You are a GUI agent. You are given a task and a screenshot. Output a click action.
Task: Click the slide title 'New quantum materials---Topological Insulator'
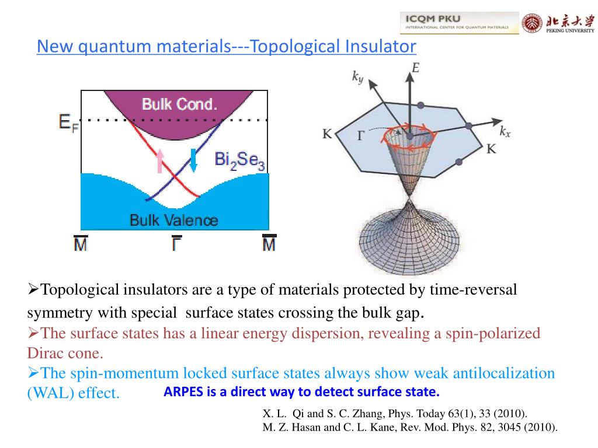click(x=226, y=46)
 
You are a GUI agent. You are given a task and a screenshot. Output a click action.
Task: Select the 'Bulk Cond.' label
click(x=179, y=105)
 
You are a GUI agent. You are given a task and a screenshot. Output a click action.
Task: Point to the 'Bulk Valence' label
click(x=173, y=220)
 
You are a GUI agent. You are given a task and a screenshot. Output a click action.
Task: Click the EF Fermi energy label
click(x=68, y=123)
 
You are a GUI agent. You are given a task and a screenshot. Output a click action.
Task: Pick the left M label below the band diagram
click(x=81, y=243)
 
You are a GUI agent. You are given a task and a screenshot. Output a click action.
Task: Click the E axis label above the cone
click(x=415, y=69)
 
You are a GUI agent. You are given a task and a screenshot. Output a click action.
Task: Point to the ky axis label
click(x=357, y=76)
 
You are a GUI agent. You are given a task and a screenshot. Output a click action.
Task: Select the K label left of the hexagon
click(x=327, y=134)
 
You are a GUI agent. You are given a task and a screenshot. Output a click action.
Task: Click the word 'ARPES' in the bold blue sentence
click(x=183, y=391)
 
